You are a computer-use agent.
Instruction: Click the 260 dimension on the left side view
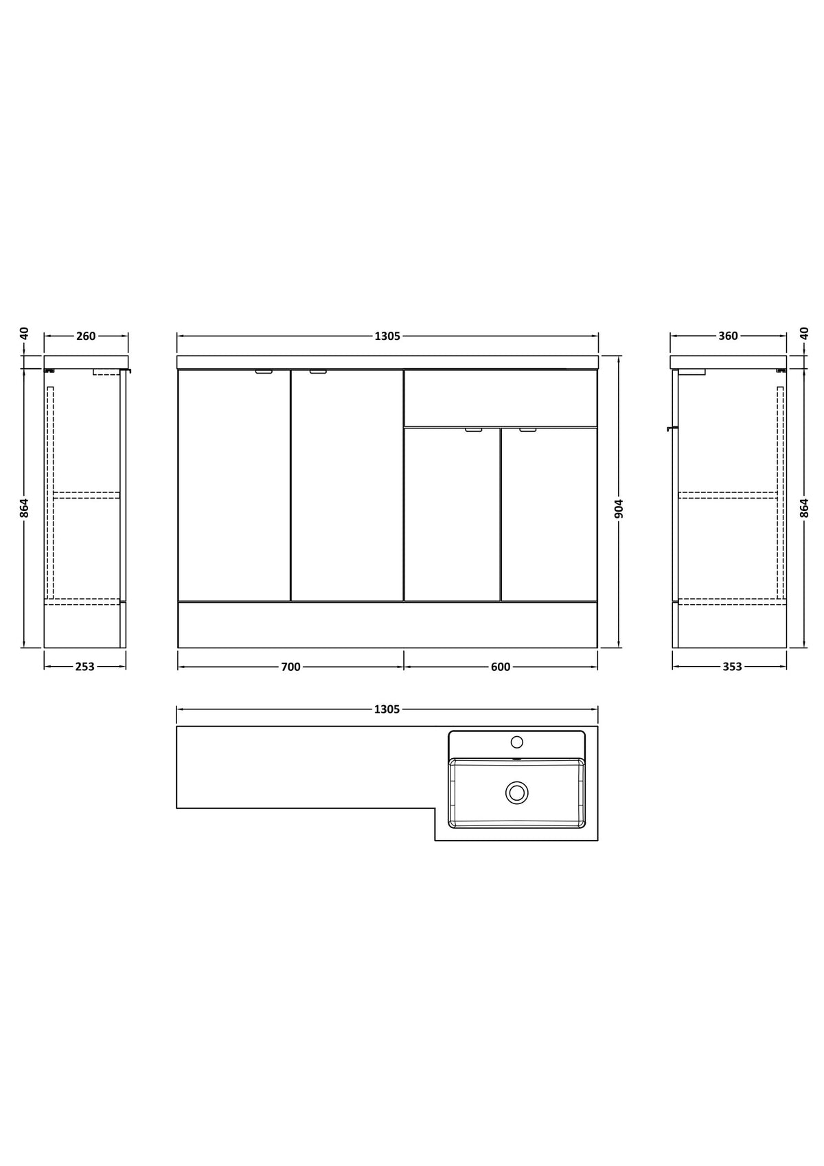click(x=86, y=336)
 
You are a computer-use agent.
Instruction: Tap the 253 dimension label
click(x=85, y=666)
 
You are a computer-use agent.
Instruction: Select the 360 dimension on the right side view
click(x=729, y=336)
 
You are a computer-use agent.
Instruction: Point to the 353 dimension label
click(x=732, y=666)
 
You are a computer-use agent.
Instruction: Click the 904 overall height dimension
click(x=619, y=509)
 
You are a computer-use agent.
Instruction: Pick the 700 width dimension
click(x=291, y=666)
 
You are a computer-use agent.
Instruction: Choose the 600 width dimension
click(x=501, y=666)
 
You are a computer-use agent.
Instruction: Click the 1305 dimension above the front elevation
click(x=387, y=336)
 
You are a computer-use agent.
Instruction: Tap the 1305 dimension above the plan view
click(x=387, y=709)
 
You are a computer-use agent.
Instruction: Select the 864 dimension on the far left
click(x=24, y=508)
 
